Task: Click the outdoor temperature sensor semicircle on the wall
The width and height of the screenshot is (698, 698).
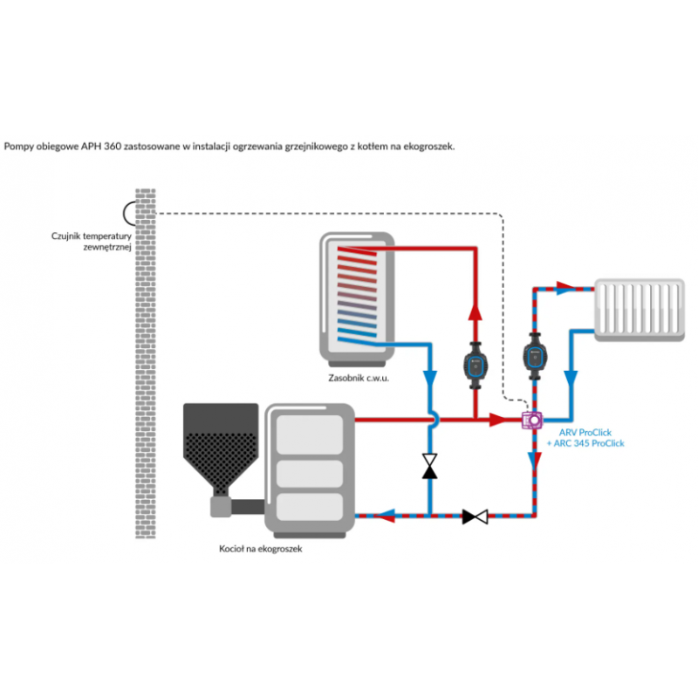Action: tap(130, 212)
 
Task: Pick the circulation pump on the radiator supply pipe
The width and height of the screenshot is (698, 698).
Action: tap(534, 359)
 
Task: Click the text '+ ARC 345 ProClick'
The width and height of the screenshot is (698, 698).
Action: tap(585, 443)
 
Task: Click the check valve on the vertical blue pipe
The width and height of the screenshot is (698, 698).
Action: tap(429, 466)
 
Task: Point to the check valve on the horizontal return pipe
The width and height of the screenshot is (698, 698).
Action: tap(476, 516)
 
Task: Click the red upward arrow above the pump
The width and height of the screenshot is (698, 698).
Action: tap(475, 313)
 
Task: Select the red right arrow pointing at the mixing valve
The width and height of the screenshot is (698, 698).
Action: tap(497, 420)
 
